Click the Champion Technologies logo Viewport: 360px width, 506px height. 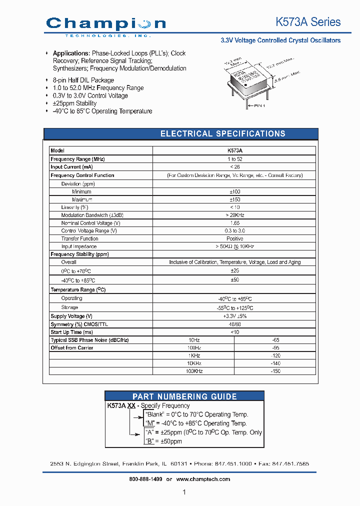105,25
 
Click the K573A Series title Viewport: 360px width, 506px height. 308,22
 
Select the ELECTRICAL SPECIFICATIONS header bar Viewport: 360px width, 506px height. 222,133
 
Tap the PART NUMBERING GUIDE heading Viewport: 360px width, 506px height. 184,396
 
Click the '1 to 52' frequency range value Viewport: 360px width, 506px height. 234,159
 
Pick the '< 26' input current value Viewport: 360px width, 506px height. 234,167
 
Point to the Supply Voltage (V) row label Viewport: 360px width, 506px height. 71,316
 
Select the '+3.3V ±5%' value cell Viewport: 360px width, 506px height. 234,316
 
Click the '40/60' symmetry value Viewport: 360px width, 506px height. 234,324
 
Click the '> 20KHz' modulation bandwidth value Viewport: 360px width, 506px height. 234,215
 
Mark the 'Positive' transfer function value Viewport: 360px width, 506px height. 234,238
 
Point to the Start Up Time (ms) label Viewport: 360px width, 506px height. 72,332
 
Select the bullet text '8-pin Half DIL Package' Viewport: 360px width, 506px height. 83,80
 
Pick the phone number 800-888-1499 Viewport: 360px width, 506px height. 145,479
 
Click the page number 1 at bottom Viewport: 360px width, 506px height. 184,492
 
